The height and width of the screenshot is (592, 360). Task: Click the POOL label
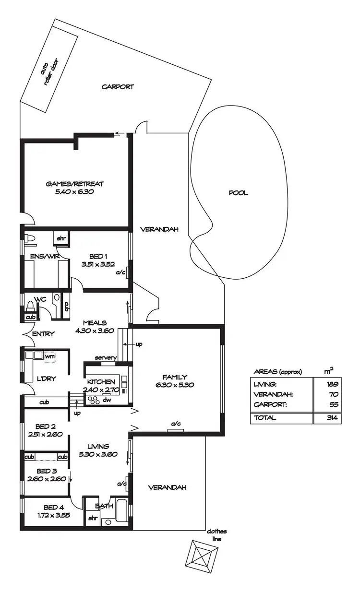point(238,193)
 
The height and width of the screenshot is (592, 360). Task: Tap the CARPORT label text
point(118,87)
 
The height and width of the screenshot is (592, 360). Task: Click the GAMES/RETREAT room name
point(74,184)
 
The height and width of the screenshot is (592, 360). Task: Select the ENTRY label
point(43,334)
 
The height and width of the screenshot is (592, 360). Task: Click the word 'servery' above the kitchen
point(105,358)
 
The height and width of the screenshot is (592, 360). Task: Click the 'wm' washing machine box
point(49,355)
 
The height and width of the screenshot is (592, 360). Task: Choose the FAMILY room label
point(175,377)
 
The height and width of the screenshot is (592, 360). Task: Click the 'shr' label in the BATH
point(92,519)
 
